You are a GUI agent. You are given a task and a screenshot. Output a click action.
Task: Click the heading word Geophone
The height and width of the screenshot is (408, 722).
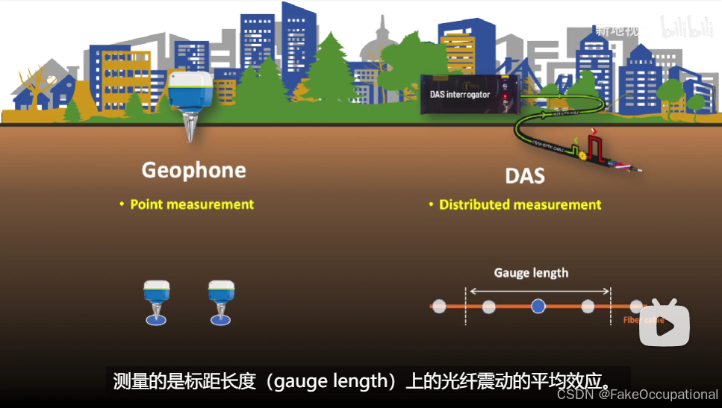193,170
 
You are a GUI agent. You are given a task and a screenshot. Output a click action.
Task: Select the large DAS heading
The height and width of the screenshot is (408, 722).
524,176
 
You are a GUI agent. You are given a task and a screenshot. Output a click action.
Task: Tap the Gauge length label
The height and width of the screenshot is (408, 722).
531,273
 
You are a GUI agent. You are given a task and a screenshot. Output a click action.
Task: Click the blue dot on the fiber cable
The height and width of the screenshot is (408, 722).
538,305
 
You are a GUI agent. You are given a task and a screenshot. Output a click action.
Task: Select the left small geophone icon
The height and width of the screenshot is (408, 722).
157,300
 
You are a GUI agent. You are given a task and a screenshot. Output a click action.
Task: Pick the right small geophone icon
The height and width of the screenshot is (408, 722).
221,300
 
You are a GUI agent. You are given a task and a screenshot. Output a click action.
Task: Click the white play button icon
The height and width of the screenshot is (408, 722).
664,324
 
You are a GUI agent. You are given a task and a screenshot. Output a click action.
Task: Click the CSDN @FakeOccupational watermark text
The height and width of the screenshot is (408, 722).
638,395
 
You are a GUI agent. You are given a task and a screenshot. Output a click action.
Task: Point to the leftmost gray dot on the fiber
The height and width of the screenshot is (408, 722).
439,305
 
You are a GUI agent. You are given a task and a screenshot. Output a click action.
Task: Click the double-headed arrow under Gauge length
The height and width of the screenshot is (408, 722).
538,290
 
